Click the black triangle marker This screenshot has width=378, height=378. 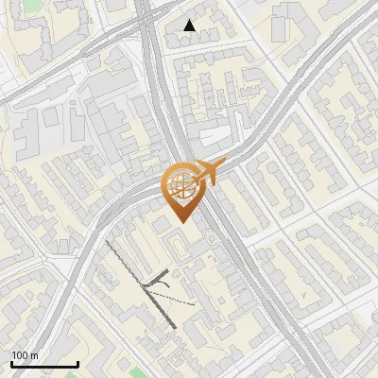pyautogui.click(x=190, y=26)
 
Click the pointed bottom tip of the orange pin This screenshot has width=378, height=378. pyautogui.click(x=180, y=220)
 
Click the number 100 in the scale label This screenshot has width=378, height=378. pyautogui.click(x=20, y=355)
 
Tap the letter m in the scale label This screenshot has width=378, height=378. pyautogui.click(x=34, y=355)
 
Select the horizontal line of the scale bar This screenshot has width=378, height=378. pyautogui.click(x=44, y=364)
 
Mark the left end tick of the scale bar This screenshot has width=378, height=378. pyautogui.click(x=11, y=362)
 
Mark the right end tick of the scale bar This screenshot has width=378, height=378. pyautogui.click(x=77, y=362)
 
